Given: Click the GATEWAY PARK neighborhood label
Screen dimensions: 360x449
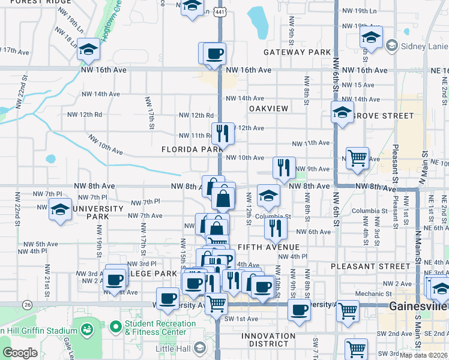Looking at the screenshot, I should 298,52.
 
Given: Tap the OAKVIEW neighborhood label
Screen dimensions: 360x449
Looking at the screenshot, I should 268,108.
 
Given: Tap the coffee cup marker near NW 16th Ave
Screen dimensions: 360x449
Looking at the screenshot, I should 214,55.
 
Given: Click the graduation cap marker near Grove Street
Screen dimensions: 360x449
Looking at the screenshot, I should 342,112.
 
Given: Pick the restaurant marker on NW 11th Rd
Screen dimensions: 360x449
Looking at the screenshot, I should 223,133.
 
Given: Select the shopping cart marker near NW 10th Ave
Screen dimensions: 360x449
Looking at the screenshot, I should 358,158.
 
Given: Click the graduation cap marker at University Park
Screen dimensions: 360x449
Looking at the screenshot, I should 60,210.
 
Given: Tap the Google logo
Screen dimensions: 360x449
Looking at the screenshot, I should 20,353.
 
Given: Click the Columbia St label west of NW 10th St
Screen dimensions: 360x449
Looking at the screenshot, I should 273,217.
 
